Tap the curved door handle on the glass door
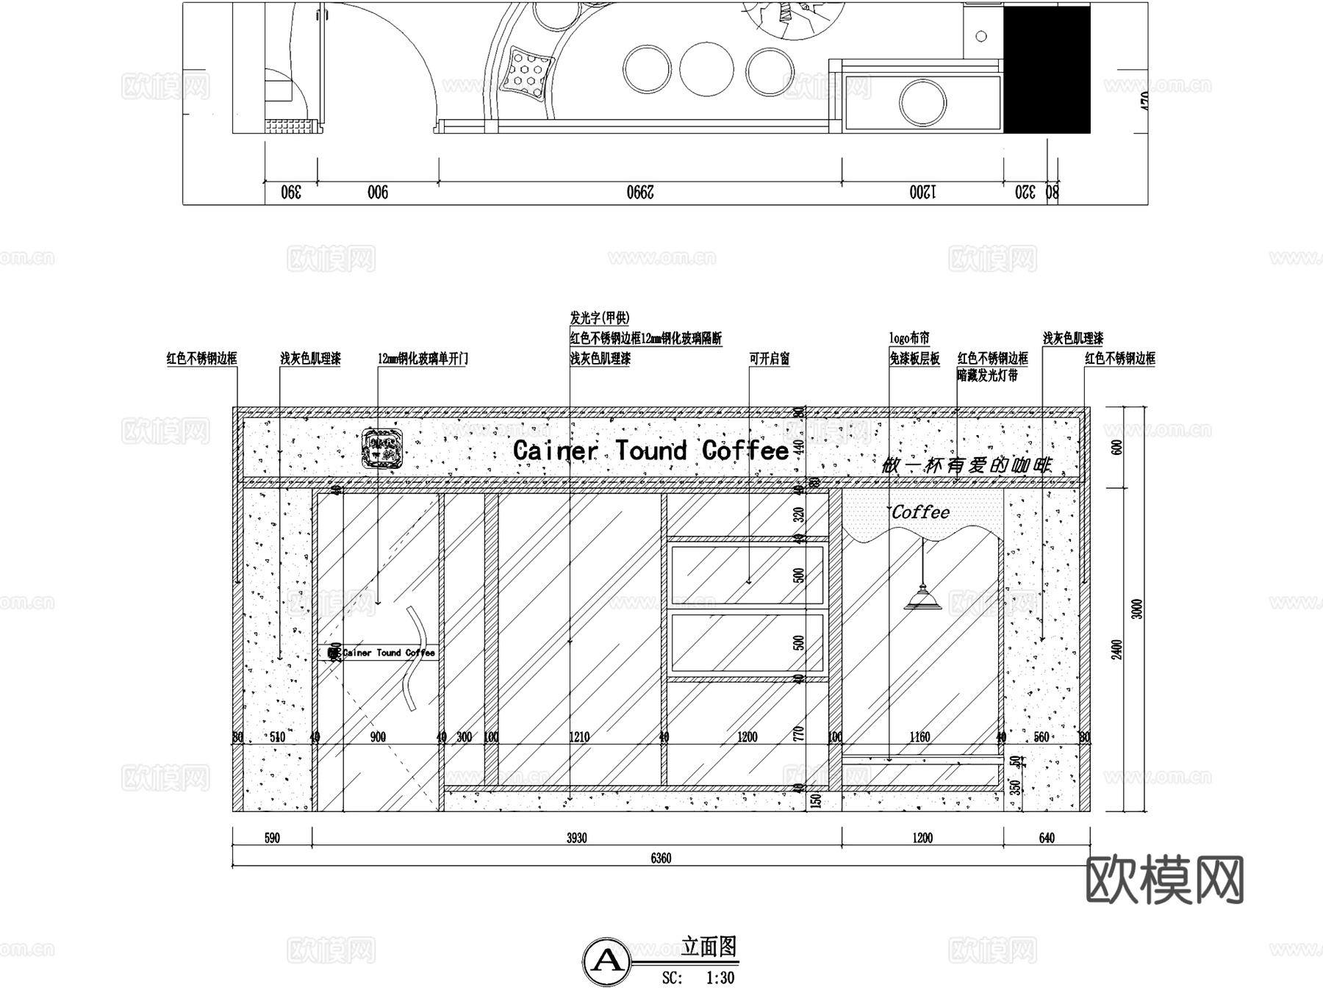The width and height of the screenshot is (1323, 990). [x=413, y=659]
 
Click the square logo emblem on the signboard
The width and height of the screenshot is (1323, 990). [x=382, y=448]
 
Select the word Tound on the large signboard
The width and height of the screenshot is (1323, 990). [x=650, y=451]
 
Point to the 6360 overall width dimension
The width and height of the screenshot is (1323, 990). [x=661, y=858]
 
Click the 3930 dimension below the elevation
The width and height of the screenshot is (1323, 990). [x=577, y=838]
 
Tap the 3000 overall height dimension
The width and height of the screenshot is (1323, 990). [x=1136, y=609]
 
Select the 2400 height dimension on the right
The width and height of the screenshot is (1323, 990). [x=1116, y=649]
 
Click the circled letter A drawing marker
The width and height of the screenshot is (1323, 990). [x=606, y=961]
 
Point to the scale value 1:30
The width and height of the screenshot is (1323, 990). [x=720, y=978]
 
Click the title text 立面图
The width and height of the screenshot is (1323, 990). [x=709, y=947]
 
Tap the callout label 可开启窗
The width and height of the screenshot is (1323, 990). [x=770, y=359]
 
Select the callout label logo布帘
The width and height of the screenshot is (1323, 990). [x=909, y=338]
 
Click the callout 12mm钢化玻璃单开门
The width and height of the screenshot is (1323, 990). [x=423, y=359]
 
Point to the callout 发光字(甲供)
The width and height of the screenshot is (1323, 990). [x=600, y=318]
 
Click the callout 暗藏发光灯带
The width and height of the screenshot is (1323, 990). [x=987, y=376]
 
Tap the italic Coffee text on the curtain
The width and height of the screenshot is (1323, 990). [x=920, y=512]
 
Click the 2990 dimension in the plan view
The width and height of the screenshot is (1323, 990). [x=640, y=193]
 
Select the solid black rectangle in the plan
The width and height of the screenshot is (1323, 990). [x=1047, y=70]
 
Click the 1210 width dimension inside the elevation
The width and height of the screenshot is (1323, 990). [x=579, y=736]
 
